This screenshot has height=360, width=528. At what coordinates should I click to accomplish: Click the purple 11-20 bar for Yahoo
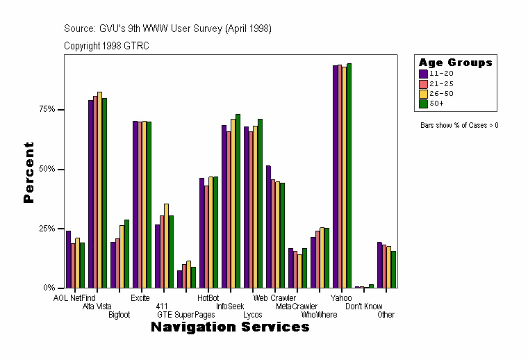[x=336, y=177]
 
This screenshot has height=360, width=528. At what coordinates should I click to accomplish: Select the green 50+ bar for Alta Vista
[x=104, y=193]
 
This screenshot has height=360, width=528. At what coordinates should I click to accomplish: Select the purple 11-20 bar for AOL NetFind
[x=68, y=259]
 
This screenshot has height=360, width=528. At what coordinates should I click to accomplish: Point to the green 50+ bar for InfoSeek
[x=238, y=201]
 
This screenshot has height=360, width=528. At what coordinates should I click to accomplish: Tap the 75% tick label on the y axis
[x=47, y=110]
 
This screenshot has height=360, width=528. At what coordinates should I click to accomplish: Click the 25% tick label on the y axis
[x=47, y=229]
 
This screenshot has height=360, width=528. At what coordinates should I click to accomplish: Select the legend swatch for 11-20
[x=422, y=73]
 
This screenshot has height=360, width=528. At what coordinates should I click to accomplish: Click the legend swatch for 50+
[x=422, y=104]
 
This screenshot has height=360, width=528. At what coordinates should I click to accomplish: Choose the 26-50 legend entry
[x=442, y=93]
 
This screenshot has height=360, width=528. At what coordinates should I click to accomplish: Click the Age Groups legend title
[x=455, y=63]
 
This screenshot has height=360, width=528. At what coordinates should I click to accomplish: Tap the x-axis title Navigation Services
[x=230, y=327]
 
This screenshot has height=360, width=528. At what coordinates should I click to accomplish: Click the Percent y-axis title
[x=28, y=172]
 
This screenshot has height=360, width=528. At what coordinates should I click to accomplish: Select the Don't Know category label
[x=364, y=306]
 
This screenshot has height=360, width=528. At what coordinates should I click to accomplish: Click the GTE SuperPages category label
[x=186, y=315]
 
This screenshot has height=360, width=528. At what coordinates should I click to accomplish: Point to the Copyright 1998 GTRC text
[x=106, y=46]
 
